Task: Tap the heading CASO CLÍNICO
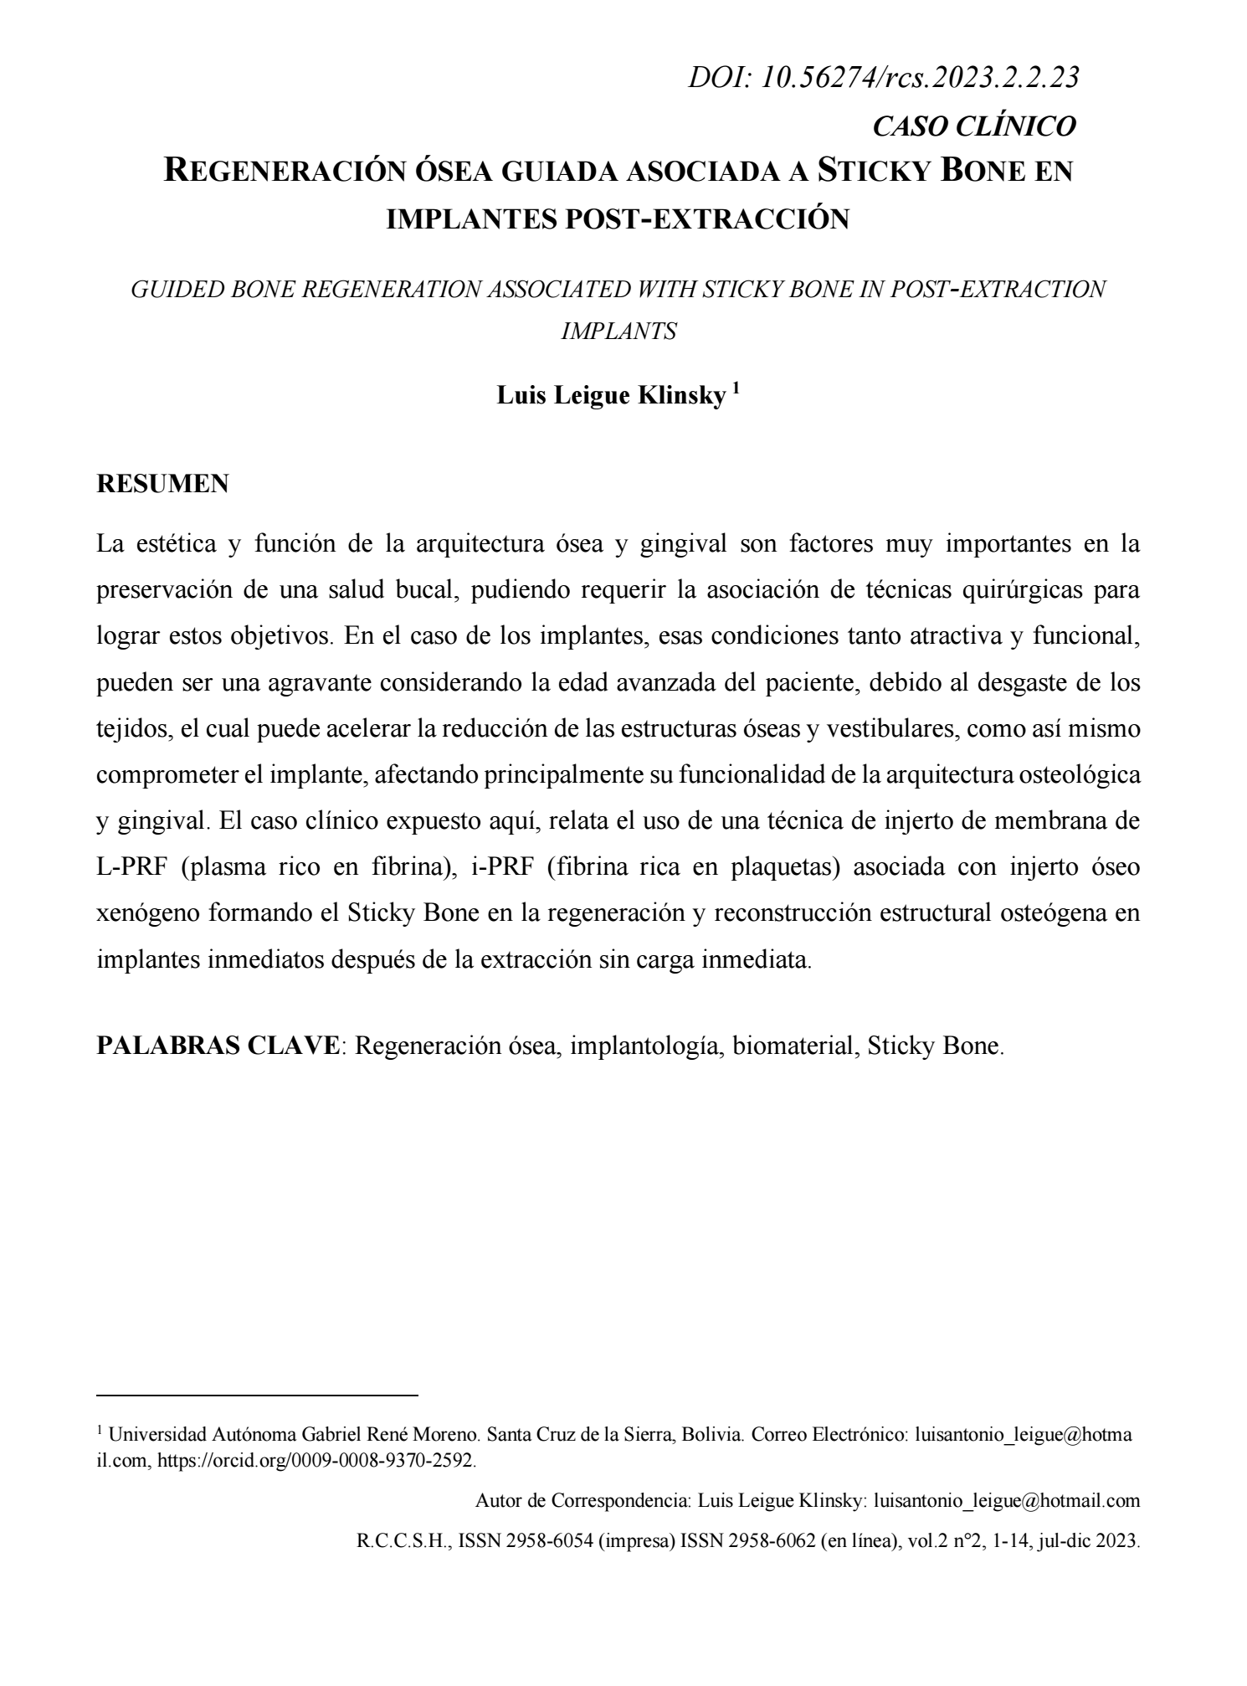(973, 126)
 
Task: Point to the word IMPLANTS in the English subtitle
(618, 331)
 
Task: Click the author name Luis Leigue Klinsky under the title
(611, 396)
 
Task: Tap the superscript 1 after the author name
(736, 388)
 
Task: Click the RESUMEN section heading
(162, 484)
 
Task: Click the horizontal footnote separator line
(257, 1396)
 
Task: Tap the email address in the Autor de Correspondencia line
(1006, 1501)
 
